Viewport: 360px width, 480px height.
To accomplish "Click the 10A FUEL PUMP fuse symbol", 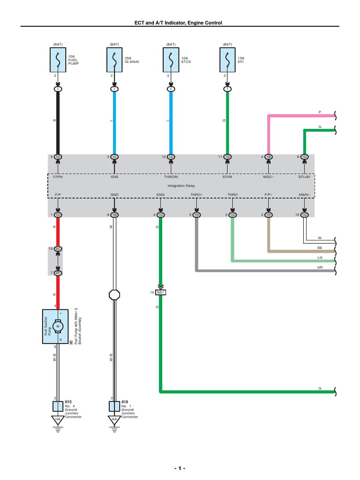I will coord(58,60).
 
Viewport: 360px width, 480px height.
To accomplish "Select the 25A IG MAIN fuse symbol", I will coord(114,60).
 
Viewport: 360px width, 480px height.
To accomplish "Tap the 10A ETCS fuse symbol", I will coord(171,60).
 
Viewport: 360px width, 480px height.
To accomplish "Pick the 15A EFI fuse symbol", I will coord(227,60).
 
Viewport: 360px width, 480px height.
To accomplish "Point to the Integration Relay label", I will coord(181,186).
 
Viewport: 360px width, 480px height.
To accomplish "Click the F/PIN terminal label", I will coord(58,178).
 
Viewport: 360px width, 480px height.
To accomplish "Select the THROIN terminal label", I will coord(171,178).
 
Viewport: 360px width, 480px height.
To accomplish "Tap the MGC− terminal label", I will coord(268,178).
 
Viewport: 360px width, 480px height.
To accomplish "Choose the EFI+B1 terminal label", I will coord(305,178).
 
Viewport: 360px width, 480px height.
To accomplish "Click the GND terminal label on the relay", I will coord(114,194).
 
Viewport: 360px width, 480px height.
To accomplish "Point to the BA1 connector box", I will coord(161,292).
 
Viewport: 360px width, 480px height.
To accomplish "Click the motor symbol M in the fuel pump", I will coord(58,325).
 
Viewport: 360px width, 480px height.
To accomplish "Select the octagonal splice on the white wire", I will coord(114,295).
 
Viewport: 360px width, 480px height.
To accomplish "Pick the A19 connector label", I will coord(125,402).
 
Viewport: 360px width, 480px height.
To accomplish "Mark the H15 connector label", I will coord(68,402).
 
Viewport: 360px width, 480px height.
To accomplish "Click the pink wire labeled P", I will coord(300,115).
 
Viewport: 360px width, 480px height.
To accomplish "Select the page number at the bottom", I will coord(180,468).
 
